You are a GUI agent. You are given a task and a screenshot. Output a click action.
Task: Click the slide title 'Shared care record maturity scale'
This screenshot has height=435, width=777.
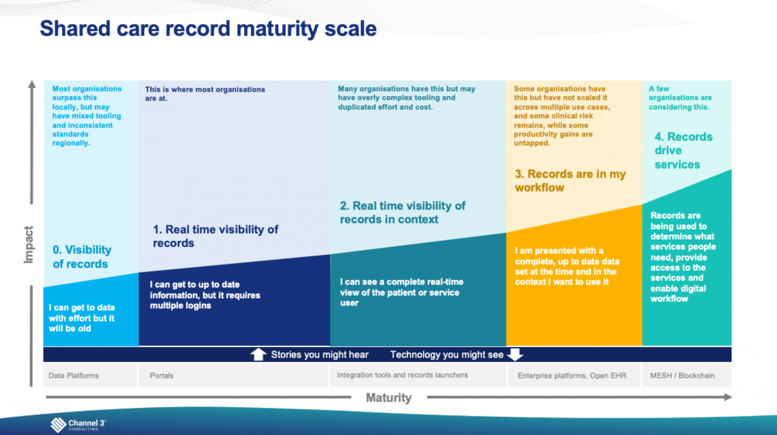[208, 29]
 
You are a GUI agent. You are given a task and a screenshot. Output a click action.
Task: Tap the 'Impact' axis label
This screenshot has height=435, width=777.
[28, 244]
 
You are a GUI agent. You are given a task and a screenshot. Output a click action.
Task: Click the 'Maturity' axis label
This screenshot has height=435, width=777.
[388, 398]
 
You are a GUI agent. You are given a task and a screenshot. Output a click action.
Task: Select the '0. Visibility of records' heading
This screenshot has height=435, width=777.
[82, 256]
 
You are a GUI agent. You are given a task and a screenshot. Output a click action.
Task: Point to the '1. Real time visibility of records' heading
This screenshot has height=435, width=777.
[215, 236]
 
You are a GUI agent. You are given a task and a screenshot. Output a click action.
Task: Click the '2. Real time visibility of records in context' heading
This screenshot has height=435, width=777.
[402, 212]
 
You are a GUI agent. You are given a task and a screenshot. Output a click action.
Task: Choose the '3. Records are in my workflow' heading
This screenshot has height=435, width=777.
[570, 181]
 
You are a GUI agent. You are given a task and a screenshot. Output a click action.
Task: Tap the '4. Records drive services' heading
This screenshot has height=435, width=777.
[683, 150]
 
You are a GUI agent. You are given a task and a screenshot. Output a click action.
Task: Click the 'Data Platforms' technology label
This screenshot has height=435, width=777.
[73, 375]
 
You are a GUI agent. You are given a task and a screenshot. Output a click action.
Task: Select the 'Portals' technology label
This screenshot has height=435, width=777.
[162, 375]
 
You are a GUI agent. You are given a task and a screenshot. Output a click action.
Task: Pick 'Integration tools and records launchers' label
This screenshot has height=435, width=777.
[402, 375]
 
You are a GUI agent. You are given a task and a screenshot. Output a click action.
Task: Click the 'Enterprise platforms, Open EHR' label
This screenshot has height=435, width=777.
[572, 375]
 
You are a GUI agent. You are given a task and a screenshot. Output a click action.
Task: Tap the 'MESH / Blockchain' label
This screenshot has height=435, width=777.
[682, 375]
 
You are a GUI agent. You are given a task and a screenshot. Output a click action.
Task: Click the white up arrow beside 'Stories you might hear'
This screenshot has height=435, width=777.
[258, 355]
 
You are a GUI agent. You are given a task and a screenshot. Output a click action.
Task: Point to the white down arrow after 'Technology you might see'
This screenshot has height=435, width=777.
[515, 355]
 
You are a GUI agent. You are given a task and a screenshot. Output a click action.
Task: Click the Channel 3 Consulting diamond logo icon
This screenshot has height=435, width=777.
[58, 424]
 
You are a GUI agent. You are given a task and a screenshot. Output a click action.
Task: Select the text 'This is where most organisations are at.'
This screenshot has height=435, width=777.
[205, 94]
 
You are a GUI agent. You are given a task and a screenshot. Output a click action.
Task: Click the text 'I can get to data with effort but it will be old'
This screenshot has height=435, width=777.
[82, 318]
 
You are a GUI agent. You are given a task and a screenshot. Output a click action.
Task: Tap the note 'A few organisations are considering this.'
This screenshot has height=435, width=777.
[680, 98]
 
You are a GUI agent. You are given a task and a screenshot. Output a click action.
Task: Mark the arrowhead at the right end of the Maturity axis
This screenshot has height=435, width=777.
[728, 397]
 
